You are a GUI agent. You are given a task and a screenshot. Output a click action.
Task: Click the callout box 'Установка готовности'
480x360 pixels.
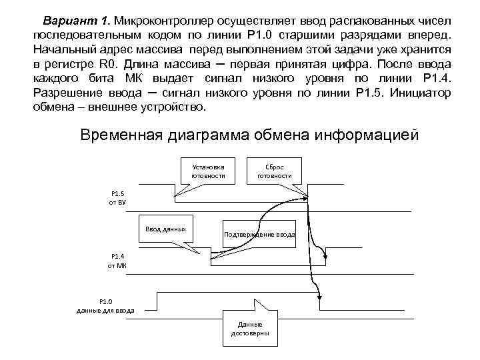point(208,171)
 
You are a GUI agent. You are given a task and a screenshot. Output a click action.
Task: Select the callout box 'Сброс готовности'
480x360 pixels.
point(278,171)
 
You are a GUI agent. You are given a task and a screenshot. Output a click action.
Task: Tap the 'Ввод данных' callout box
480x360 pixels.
point(165,230)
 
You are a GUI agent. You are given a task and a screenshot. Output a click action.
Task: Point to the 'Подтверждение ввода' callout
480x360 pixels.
point(259,235)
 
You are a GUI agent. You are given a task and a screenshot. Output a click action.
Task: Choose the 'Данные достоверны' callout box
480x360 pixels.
point(249,328)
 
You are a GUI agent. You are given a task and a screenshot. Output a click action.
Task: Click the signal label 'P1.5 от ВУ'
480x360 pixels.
point(118,197)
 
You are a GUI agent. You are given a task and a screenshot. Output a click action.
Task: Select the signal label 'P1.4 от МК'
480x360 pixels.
point(117,261)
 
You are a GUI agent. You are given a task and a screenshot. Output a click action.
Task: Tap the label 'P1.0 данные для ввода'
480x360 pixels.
point(106,306)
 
